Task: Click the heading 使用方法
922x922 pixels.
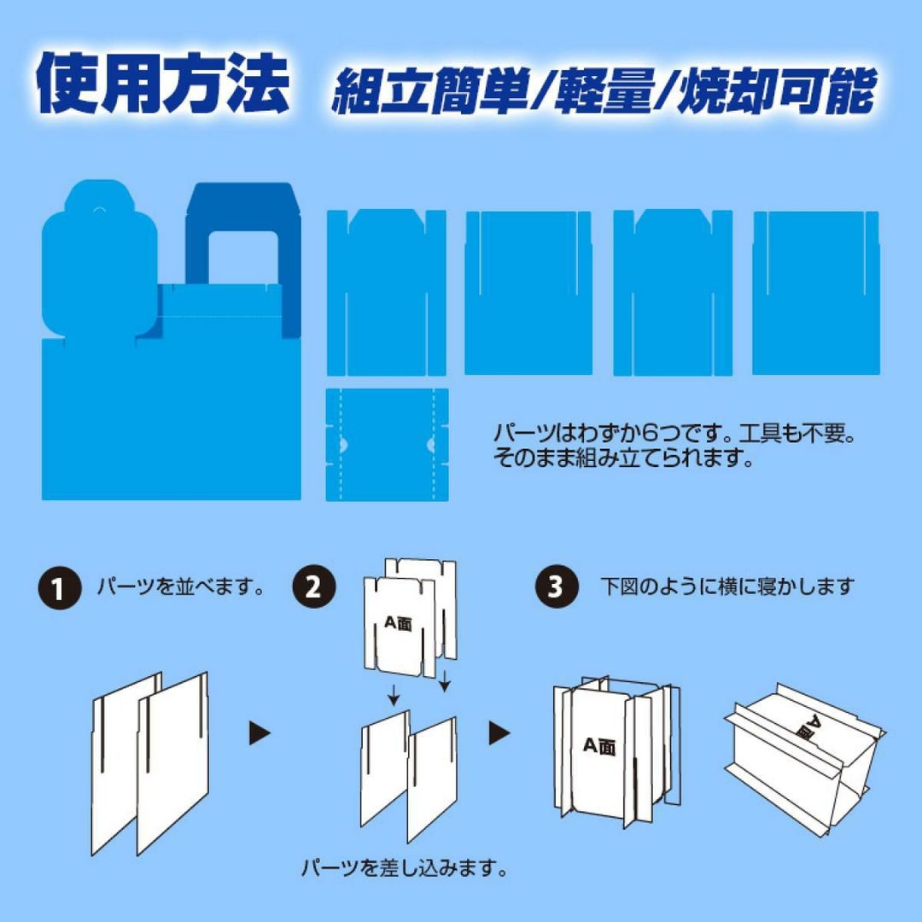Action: (x=163, y=83)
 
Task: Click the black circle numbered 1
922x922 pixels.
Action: (x=60, y=587)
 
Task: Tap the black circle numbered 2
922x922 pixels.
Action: (x=314, y=586)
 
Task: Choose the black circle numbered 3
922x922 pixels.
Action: (x=556, y=586)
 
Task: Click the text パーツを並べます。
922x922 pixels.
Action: (x=181, y=586)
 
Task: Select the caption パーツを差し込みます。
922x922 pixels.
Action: (x=405, y=867)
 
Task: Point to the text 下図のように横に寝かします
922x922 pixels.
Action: (x=727, y=586)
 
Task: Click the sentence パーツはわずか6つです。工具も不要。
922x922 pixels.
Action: (x=674, y=434)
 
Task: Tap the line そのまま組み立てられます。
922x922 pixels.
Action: (x=623, y=458)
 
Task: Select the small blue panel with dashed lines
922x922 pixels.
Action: (x=387, y=445)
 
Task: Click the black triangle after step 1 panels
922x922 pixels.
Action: (x=260, y=733)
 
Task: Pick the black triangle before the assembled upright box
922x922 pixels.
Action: (x=499, y=733)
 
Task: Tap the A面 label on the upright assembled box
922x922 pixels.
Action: (x=599, y=746)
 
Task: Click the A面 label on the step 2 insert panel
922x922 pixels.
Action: (x=398, y=622)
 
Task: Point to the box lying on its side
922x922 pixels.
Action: (x=804, y=759)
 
